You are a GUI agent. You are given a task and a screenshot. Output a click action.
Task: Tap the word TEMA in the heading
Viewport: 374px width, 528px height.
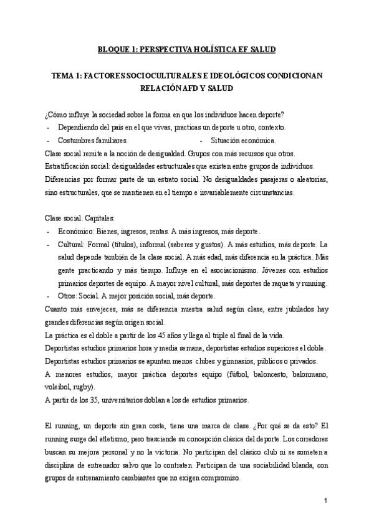pos(64,75)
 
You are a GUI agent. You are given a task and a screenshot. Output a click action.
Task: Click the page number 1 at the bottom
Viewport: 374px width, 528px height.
pos(325,501)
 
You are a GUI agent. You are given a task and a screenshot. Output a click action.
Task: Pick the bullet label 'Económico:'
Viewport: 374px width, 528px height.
pos(75,232)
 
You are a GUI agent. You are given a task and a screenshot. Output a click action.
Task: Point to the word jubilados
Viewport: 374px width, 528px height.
pos(290,309)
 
